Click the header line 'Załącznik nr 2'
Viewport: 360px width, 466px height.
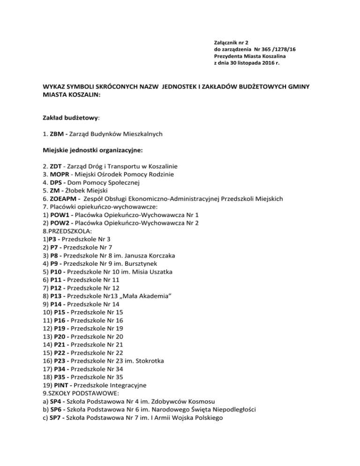[233, 42]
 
